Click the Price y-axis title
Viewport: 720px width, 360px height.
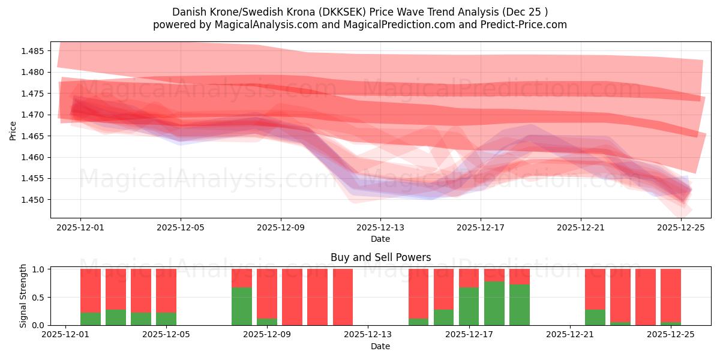point(13,130)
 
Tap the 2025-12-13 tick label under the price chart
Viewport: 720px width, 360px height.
point(380,228)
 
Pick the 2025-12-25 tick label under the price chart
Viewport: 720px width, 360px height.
point(681,228)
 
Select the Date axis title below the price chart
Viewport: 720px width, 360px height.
point(380,239)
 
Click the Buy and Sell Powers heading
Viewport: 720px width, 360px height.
point(380,257)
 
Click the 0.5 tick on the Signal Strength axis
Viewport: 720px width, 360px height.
point(38,297)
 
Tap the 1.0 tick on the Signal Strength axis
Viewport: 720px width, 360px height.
point(38,269)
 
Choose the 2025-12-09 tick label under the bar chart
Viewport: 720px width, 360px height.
point(267,335)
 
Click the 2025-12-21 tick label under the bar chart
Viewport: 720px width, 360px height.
point(569,335)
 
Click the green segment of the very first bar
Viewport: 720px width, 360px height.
point(91,319)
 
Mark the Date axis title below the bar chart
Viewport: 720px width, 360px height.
point(380,346)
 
